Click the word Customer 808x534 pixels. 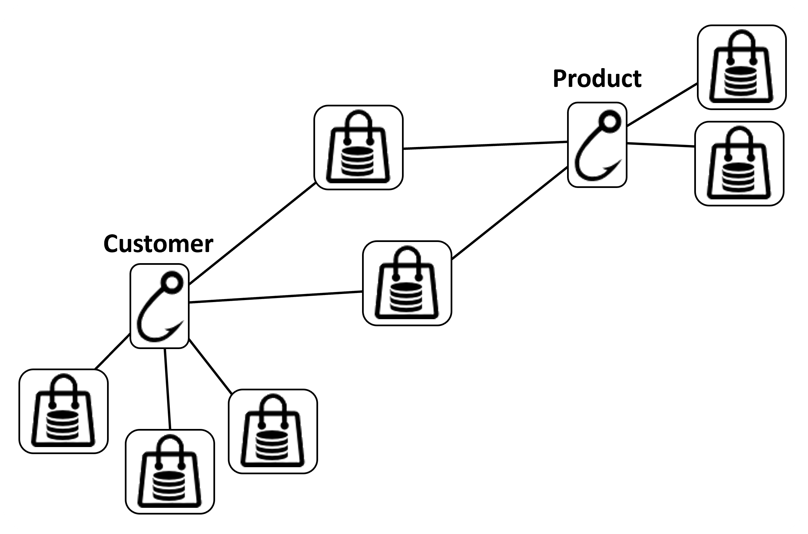point(158,244)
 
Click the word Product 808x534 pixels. point(597,79)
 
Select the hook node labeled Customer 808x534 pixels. point(159,306)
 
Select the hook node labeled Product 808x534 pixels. point(597,145)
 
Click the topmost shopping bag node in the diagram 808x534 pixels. point(742,67)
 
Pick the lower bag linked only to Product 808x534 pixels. point(739,163)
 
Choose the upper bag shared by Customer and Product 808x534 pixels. point(358,147)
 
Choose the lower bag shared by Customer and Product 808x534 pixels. point(407,283)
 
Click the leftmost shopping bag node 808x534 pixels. point(63,411)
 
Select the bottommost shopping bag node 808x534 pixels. point(170,472)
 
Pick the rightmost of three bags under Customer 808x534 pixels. point(273,432)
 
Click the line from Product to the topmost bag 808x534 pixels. point(662,104)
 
